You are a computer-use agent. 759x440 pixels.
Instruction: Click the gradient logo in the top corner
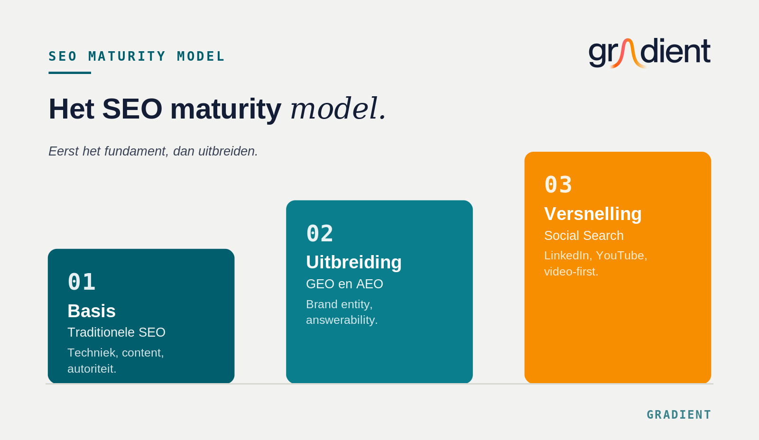pos(649,53)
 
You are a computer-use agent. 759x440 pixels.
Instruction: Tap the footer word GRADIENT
pos(679,414)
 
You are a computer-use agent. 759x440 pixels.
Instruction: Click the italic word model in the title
pos(339,109)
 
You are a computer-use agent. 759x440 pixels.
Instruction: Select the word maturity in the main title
pos(226,109)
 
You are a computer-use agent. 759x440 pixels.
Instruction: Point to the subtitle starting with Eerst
pos(153,151)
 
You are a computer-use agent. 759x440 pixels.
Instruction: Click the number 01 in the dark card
pos(82,282)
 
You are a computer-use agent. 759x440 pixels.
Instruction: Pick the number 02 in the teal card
pos(320,233)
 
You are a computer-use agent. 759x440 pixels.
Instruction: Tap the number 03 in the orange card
pos(558,184)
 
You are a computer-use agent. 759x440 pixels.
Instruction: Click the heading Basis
pos(92,311)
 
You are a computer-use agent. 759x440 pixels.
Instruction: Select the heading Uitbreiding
pos(354,262)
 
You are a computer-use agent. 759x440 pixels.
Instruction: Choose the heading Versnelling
pos(593,214)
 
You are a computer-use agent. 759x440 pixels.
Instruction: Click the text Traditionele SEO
pos(116,332)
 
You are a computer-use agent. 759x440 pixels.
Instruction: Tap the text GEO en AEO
pos(344,284)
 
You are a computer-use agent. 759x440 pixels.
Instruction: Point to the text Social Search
pos(584,236)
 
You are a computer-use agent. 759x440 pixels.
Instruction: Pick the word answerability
pos(342,320)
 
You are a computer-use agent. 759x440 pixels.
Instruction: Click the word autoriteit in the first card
pos(92,368)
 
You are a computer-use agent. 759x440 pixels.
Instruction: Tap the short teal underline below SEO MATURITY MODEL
pos(70,73)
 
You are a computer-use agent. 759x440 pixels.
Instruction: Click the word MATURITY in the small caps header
pos(127,56)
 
